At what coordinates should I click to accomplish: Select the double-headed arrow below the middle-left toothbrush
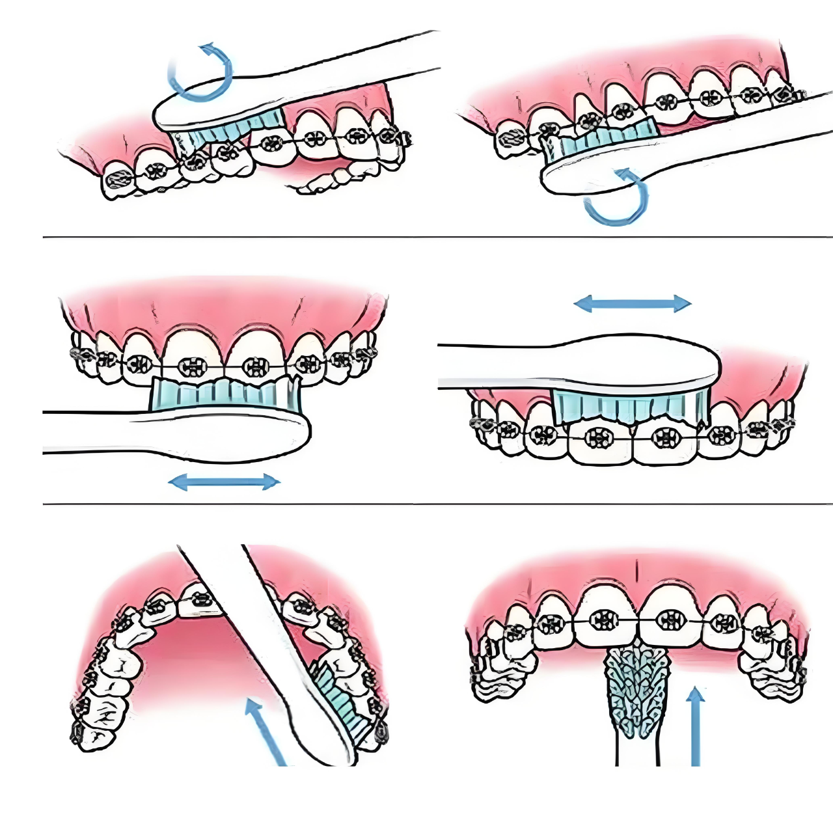coord(224,482)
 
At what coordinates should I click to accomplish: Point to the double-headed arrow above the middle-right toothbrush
coord(632,303)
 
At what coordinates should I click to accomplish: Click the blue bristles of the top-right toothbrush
coord(599,140)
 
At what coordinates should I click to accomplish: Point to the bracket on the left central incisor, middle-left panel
coord(194,366)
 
